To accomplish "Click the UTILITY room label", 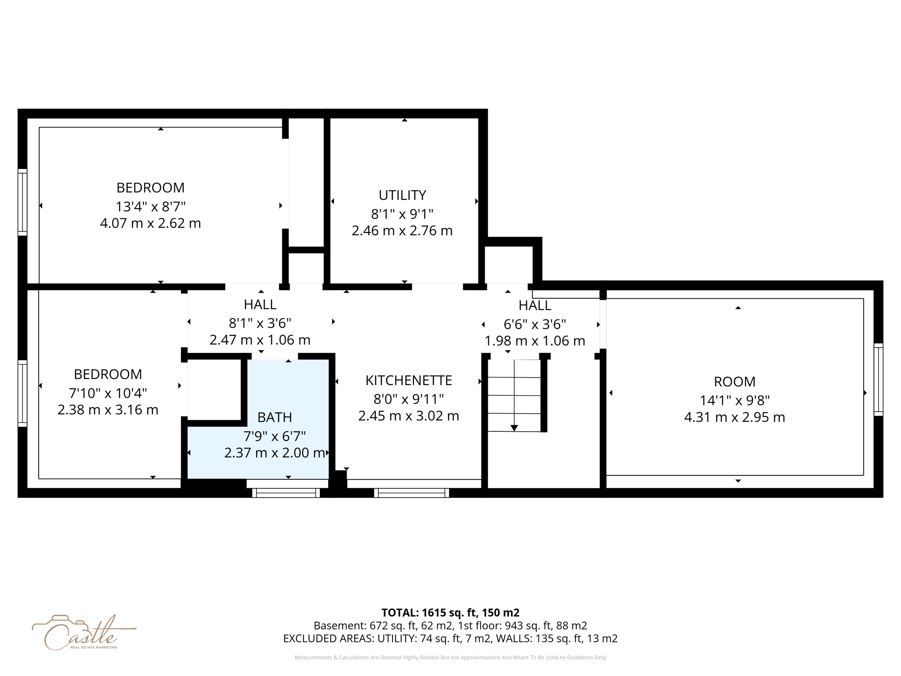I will coord(402,195).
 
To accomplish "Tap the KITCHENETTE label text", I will coord(408,380).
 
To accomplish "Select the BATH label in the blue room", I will coord(275,417).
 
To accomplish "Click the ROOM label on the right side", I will coord(734,382).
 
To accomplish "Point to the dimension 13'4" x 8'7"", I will coord(150,206).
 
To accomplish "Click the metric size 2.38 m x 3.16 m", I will coord(108,410).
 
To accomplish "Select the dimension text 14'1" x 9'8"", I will coord(734,400).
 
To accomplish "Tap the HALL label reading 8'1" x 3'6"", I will coord(260,305).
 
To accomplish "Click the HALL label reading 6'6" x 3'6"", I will coord(535,305).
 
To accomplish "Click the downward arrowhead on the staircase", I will coord(514,428).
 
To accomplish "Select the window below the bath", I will coord(286,493).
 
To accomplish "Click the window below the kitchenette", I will coord(411,493).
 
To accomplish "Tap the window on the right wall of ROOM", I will coord(878,379).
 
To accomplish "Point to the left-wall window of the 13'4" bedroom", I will coord(22,202).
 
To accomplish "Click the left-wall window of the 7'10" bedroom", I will coord(22,393).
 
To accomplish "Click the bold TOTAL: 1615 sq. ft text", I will coord(450,613).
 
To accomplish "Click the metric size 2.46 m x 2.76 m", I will coord(402,231).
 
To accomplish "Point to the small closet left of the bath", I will coord(214,389).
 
